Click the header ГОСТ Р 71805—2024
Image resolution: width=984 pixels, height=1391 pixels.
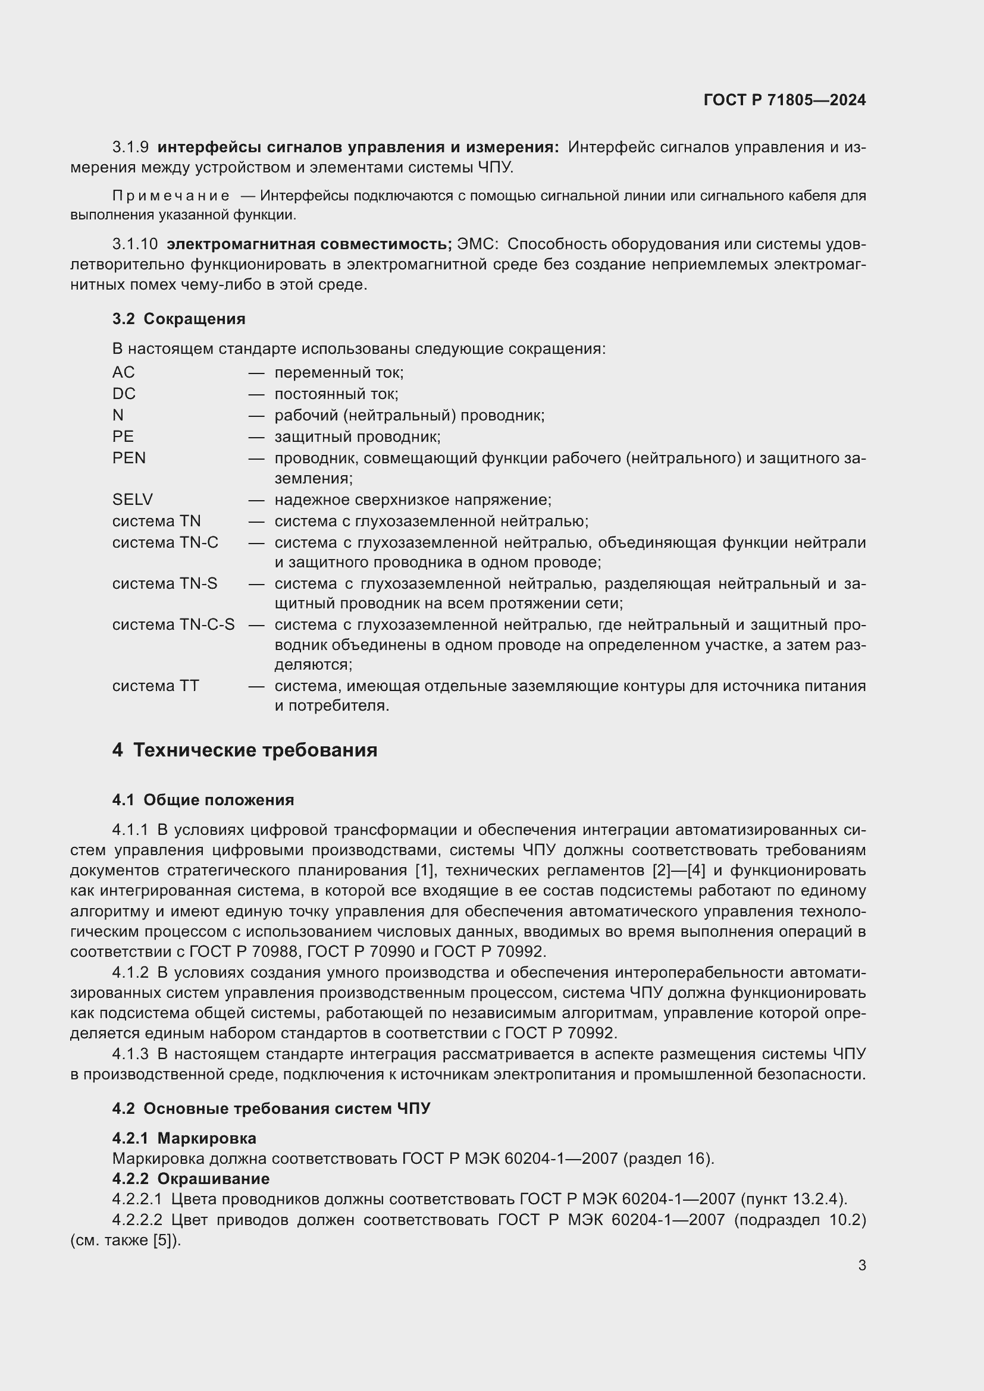784,100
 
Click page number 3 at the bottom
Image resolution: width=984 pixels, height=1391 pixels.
861,1265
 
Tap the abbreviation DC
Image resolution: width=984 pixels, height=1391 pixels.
124,394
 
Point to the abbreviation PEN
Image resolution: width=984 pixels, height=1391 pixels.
129,457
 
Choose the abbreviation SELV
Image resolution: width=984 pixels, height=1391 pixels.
132,500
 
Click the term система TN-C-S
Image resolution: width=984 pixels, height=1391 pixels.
173,624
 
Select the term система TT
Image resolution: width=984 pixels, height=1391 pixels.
155,686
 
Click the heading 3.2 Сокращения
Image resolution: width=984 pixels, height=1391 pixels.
178,319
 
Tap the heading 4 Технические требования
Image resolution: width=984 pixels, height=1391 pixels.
245,750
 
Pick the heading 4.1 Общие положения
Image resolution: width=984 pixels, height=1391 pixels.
203,800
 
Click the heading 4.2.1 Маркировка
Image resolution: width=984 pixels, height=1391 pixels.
184,1138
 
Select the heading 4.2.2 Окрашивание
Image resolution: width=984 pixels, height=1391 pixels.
191,1178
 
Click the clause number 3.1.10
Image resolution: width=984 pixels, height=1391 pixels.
134,244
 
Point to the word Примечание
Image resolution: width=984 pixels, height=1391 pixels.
171,196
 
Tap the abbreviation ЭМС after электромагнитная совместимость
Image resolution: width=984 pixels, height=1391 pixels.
477,244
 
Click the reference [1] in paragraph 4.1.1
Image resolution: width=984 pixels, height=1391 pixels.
423,871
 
